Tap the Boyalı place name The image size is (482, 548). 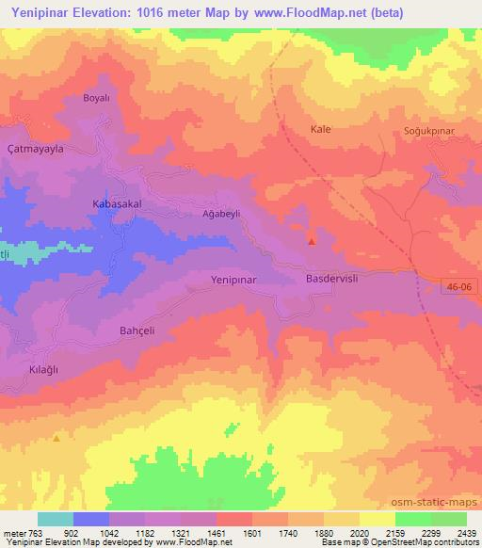tap(97, 98)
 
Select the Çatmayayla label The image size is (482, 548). tap(34, 149)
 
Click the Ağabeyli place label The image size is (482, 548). tap(222, 214)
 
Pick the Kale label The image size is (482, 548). tap(320, 129)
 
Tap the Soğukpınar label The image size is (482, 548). tap(404, 129)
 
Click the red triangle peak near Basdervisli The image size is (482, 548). tap(312, 241)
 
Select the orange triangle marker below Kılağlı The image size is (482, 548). tap(56, 438)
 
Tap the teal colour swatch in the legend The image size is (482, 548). tap(56, 519)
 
